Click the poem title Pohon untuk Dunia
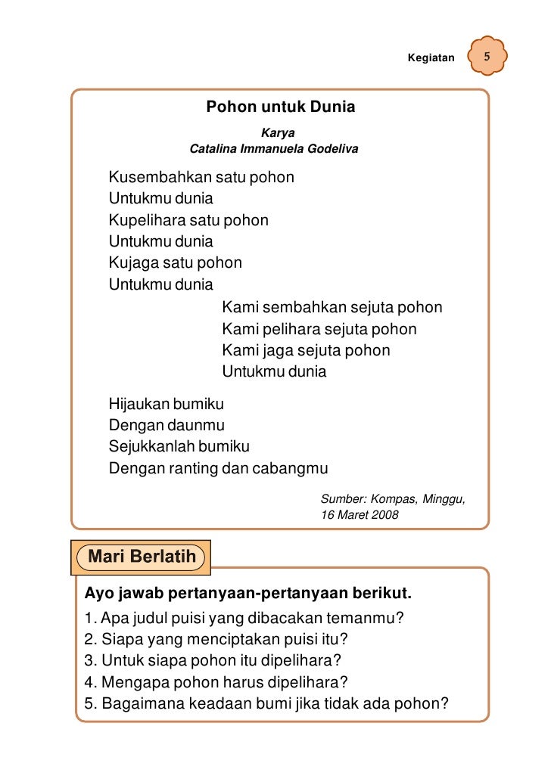pyautogui.click(x=281, y=107)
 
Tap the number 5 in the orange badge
pyautogui.click(x=487, y=58)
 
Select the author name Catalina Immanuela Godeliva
pyautogui.click(x=273, y=149)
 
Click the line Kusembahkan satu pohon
pyautogui.click(x=201, y=178)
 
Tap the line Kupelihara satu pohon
pyautogui.click(x=188, y=221)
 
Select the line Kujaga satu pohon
pyautogui.click(x=176, y=263)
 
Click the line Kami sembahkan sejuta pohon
pyautogui.click(x=332, y=308)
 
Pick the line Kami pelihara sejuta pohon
pyautogui.click(x=319, y=330)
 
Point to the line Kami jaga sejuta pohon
pyautogui.click(x=307, y=351)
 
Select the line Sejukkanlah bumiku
pyautogui.click(x=179, y=446)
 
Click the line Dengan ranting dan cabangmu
pyautogui.click(x=219, y=468)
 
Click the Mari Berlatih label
pyautogui.click(x=142, y=557)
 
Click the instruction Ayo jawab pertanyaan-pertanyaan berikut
pyautogui.click(x=247, y=590)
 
